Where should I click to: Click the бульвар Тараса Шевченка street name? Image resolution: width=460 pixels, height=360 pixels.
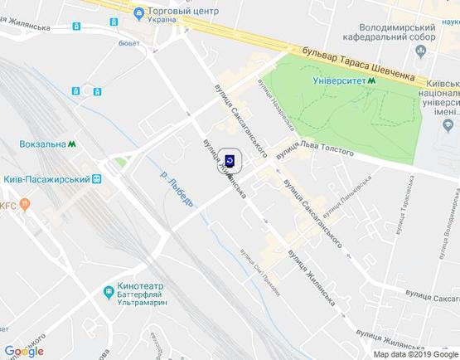[x=359, y=64]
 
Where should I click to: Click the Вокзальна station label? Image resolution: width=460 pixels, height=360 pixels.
[x=41, y=144]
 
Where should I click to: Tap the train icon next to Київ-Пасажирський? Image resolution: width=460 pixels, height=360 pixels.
[x=97, y=178]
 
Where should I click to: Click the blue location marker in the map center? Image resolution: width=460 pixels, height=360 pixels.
[x=230, y=160]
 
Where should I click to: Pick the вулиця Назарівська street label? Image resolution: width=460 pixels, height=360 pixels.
[x=275, y=105]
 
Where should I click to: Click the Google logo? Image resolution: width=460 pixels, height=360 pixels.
[x=24, y=351]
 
